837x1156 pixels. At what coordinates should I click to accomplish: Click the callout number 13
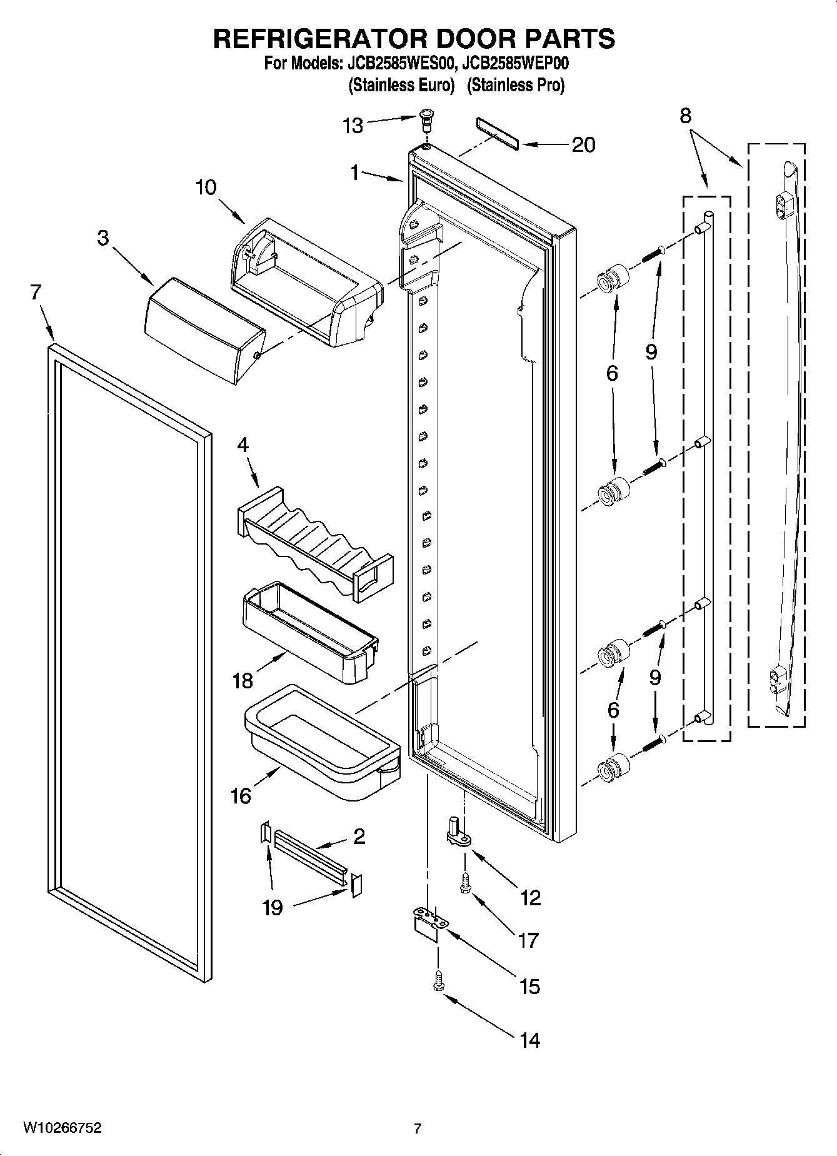pos(353,126)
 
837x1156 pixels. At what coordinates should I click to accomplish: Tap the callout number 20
pos(583,144)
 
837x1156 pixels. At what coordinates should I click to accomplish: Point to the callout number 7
pos(36,291)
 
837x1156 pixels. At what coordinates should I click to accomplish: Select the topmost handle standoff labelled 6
pos(612,278)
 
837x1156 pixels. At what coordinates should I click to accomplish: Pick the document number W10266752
pos(63,1128)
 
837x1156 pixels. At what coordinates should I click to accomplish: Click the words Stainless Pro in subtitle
pos(516,85)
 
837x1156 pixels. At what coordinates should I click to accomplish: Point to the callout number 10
pos(206,187)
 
